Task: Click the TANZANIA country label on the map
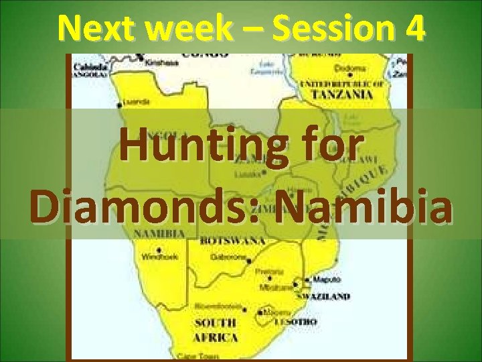click(x=345, y=95)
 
